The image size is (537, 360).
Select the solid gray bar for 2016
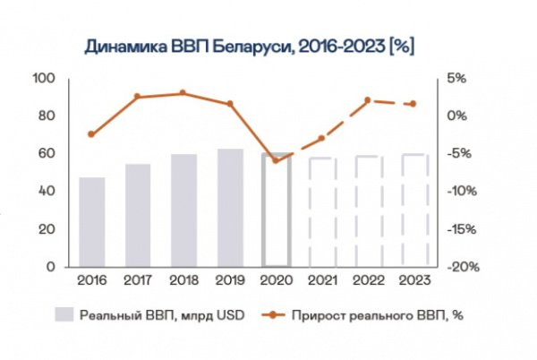tap(92, 221)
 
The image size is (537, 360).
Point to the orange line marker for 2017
tap(138, 97)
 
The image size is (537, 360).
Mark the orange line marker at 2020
tap(276, 160)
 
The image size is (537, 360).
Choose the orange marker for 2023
tap(413, 104)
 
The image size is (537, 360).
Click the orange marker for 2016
tap(92, 134)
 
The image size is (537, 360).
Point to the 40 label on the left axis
tap(45, 192)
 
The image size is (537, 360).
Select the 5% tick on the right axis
tap(457, 79)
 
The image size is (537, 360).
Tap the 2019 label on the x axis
tap(230, 281)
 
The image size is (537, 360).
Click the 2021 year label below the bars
tap(322, 281)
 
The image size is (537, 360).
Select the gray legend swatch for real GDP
tap(64, 314)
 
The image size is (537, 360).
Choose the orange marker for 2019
tap(230, 104)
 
